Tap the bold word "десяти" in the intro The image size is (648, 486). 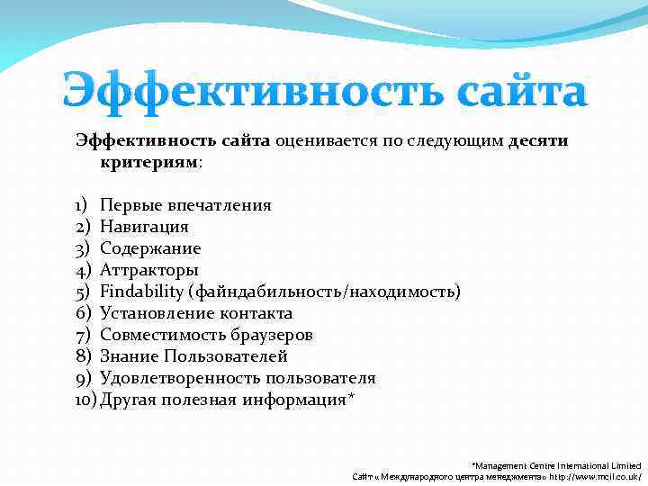coord(538,141)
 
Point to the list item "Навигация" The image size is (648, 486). coord(144,227)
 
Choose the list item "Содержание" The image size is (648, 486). coord(150,248)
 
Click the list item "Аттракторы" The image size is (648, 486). coord(149,270)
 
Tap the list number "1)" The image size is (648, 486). coord(81,205)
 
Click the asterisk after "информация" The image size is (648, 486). coord(351,398)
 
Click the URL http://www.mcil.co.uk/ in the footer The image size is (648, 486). coord(594,475)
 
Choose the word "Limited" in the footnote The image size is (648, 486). coord(623,464)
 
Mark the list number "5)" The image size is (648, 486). coord(82,292)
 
